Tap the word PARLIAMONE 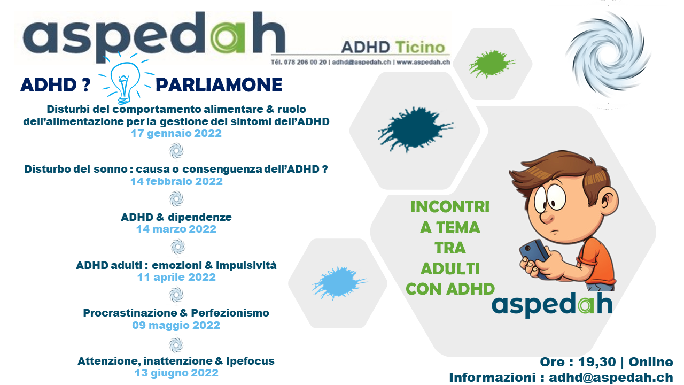(x=219, y=85)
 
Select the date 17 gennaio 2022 (x=176, y=134)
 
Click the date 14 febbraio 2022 (x=176, y=181)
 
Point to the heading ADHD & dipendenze (x=176, y=217)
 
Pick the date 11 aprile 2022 (x=176, y=277)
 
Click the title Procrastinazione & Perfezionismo (x=176, y=313)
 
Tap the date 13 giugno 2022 (x=176, y=373)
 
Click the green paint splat (x=491, y=64)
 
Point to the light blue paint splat (x=339, y=283)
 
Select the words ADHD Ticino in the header (x=393, y=48)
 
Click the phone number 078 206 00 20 (x=305, y=63)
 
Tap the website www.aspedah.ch (x=423, y=63)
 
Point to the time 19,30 (x=597, y=362)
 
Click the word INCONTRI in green (x=450, y=207)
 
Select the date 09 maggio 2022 (x=176, y=326)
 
